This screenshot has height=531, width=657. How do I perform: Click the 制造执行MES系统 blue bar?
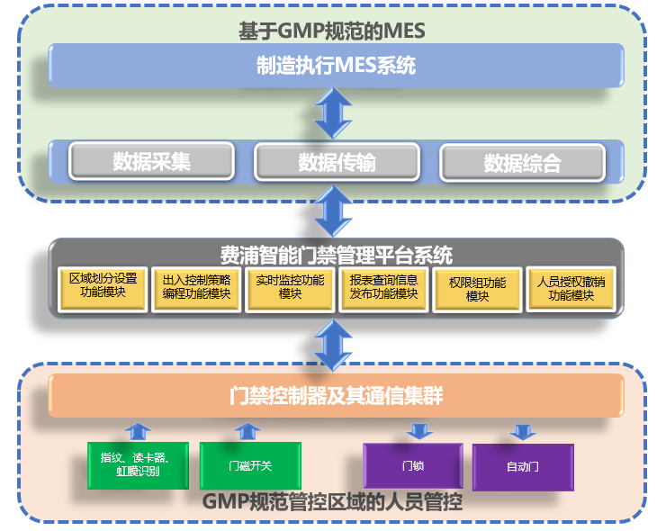(x=336, y=66)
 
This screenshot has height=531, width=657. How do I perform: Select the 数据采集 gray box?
(x=152, y=161)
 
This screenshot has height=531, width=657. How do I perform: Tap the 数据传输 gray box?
(x=337, y=162)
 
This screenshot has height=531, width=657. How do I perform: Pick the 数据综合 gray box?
(x=522, y=163)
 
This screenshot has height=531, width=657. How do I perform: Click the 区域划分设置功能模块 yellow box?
(x=103, y=286)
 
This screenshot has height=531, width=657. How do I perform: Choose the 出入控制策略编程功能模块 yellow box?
(x=196, y=287)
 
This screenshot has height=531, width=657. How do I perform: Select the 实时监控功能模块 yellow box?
(x=289, y=287)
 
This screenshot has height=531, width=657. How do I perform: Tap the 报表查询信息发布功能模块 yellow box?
(x=383, y=287)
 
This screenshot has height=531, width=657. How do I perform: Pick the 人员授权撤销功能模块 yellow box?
(x=571, y=287)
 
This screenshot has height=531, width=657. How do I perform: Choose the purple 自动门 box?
(x=522, y=466)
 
